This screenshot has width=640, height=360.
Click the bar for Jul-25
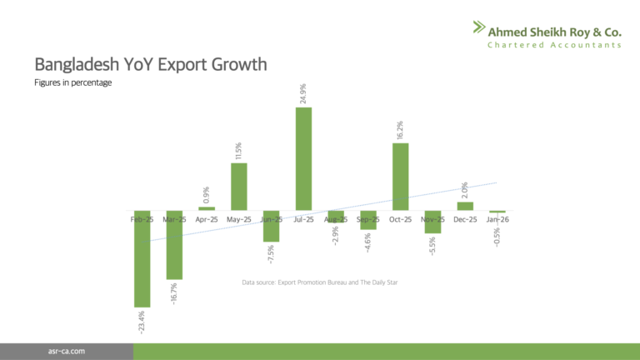[x=303, y=158]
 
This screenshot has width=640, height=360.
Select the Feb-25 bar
[x=142, y=258]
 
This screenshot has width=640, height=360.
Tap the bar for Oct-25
[x=401, y=177]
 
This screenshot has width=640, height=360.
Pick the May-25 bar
[x=238, y=187]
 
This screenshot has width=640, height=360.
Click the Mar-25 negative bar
[x=174, y=245]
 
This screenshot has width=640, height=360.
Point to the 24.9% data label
[x=303, y=91]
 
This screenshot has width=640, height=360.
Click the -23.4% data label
[x=142, y=324]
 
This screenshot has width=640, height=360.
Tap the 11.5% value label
[x=238, y=150]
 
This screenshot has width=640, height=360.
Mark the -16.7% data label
[x=174, y=294]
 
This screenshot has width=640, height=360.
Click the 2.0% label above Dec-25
[x=465, y=190]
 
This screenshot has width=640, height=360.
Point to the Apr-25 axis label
[x=206, y=219]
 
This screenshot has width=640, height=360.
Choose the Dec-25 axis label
[x=465, y=219]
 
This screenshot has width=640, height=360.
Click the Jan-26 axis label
[x=497, y=219]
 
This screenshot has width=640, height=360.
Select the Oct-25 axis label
[x=401, y=219]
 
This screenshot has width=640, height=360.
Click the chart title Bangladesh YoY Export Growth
[x=150, y=65]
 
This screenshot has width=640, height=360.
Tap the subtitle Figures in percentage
[x=73, y=82]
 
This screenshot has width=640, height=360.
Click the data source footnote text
[x=320, y=283]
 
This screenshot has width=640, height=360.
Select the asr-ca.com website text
[x=67, y=352]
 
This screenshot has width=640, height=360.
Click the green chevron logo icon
[x=478, y=28]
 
